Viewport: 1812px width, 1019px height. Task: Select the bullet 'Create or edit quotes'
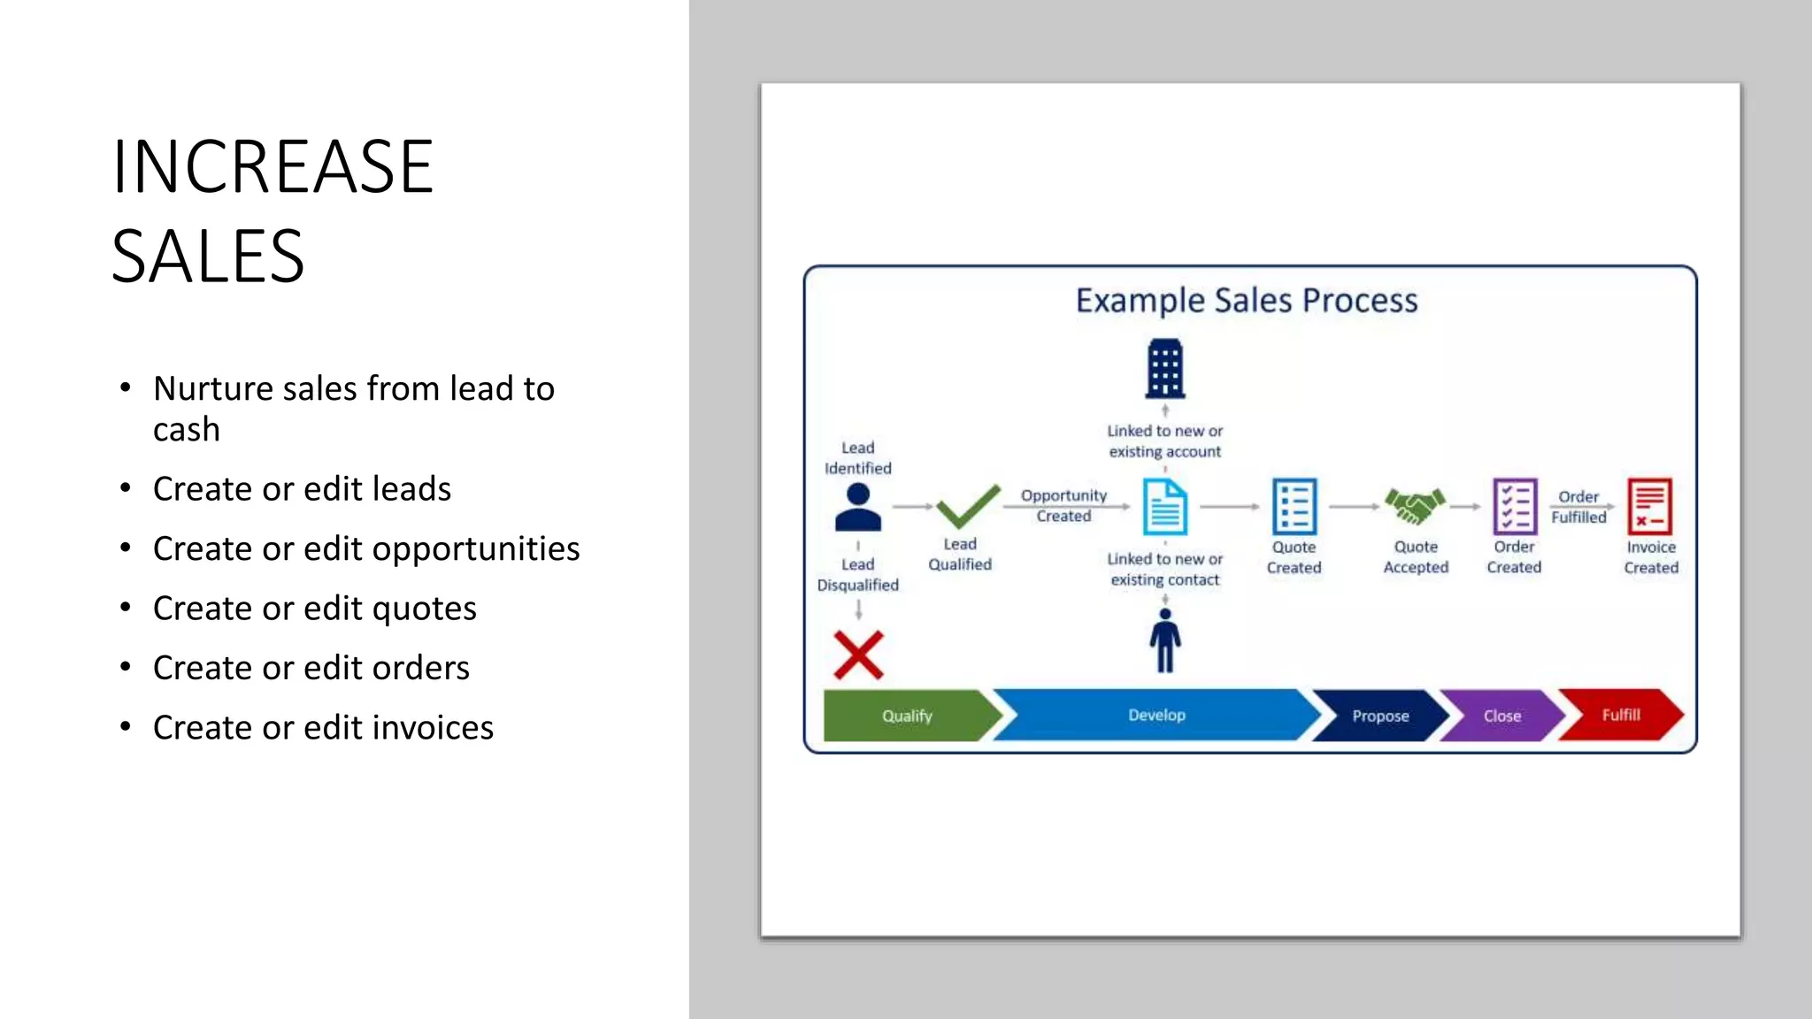tap(314, 609)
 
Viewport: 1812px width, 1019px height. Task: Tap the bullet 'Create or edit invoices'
tap(323, 728)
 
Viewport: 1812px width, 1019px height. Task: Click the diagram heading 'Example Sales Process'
tap(1246, 301)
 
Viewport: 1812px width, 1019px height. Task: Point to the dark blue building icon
tap(1164, 369)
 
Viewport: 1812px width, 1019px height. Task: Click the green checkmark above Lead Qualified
tap(967, 506)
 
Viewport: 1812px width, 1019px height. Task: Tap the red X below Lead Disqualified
tap(858, 655)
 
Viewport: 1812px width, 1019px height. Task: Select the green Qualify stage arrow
tap(907, 716)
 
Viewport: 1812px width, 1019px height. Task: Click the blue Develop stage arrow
tap(1156, 715)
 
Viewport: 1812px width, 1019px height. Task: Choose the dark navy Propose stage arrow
tap(1379, 716)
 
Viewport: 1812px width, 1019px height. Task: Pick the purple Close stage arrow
tap(1501, 716)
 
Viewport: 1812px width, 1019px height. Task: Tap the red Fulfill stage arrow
tap(1620, 715)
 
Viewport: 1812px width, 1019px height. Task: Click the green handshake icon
tap(1415, 507)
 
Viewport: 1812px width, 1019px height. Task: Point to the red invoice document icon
tap(1649, 507)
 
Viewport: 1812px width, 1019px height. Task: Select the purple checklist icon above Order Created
tap(1514, 507)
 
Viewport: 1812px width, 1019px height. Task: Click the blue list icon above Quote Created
tap(1294, 507)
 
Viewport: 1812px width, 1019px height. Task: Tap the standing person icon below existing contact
tap(1164, 641)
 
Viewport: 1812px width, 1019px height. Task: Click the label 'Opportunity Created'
tap(1063, 506)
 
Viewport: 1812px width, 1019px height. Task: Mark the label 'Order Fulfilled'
tap(1578, 507)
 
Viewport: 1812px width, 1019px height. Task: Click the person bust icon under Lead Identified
tap(857, 507)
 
